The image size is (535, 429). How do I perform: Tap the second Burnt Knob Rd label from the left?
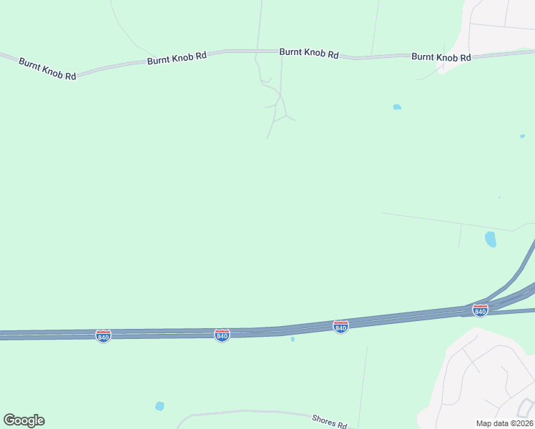177,58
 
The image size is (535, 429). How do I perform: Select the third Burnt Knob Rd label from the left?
308,52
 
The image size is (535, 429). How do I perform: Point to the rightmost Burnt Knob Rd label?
441,57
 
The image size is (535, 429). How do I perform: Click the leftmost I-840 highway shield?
103,335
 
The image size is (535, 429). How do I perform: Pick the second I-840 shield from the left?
222,335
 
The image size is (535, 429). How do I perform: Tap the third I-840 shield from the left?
341,326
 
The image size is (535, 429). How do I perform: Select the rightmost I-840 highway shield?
480,310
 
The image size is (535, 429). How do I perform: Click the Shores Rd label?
330,421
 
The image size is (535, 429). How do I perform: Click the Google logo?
24,420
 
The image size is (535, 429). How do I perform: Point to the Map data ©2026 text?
504,423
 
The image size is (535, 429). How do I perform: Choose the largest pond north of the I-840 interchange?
491,239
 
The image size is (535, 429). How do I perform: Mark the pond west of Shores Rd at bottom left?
159,406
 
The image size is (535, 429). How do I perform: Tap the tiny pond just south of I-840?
293,339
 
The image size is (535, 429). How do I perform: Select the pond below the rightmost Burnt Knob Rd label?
397,107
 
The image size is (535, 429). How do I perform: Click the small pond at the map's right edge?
522,136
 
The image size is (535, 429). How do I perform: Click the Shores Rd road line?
243,413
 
